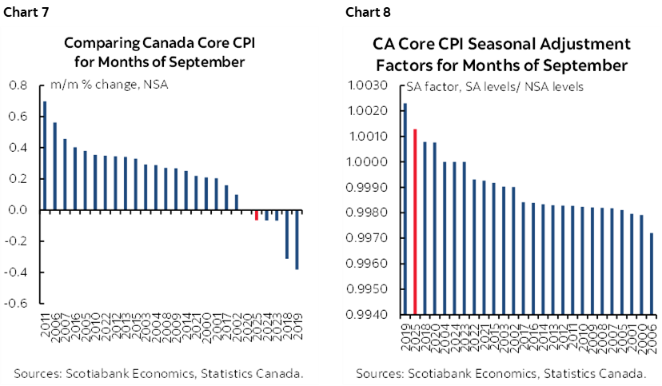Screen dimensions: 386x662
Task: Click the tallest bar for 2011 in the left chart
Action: [45, 156]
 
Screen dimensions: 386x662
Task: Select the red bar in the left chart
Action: [257, 215]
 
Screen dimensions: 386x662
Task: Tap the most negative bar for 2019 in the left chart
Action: [298, 240]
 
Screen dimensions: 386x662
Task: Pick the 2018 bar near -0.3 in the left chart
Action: [288, 234]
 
